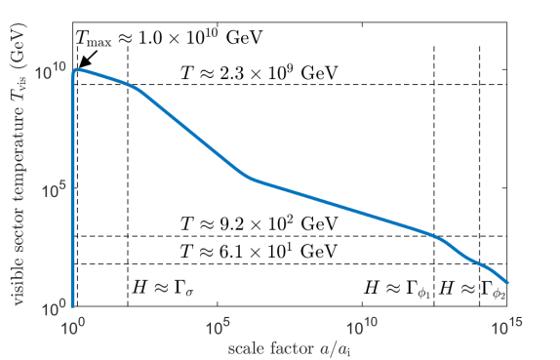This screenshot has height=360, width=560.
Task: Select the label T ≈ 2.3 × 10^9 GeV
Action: pos(260,72)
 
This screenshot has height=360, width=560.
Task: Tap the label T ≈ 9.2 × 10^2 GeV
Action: pos(260,223)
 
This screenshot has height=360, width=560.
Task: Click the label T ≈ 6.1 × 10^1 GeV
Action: pos(260,252)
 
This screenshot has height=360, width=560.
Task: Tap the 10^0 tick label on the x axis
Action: pos(72,325)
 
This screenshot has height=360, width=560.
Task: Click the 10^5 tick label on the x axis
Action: pos(217,325)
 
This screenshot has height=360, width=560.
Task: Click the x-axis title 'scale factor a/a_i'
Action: pos(290,346)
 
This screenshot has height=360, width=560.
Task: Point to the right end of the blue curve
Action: pos(508,283)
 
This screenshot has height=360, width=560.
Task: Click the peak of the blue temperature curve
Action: pos(77,68)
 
